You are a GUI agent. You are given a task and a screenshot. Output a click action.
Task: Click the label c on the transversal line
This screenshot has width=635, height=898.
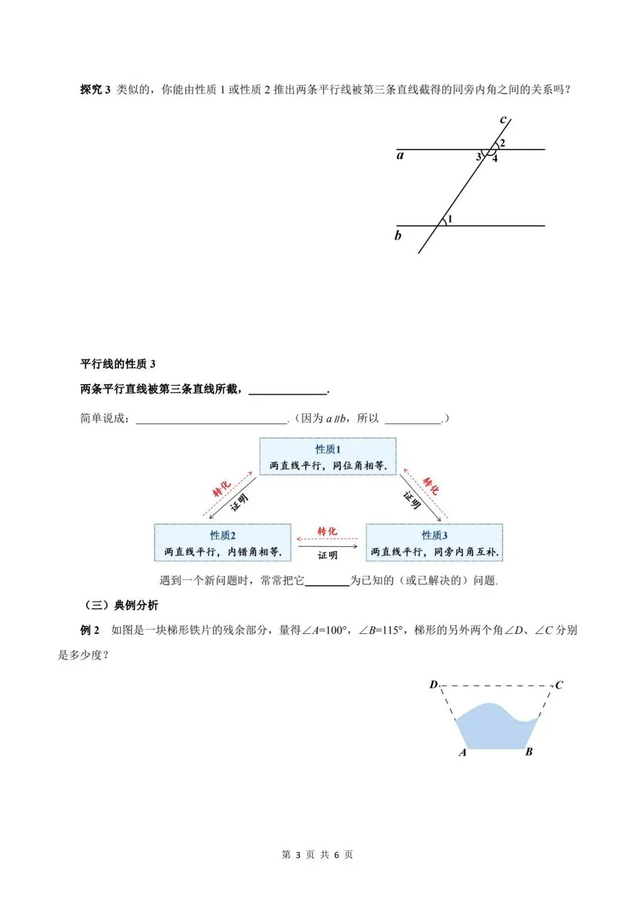click(503, 120)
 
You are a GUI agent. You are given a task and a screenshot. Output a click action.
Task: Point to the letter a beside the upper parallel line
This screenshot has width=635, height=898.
click(400, 156)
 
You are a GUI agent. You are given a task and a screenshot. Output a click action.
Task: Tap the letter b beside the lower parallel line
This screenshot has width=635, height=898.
click(398, 236)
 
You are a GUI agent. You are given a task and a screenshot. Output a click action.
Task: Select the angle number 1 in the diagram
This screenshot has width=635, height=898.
click(450, 219)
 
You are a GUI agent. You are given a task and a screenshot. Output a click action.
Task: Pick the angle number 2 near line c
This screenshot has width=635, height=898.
click(503, 143)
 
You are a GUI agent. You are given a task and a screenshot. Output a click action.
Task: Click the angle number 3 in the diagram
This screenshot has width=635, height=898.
click(479, 157)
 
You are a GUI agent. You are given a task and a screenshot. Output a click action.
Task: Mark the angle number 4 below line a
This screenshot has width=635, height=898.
click(495, 158)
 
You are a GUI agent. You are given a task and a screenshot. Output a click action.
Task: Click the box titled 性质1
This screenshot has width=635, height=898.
click(328, 456)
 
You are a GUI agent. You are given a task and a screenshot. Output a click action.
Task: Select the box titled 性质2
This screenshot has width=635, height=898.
click(223, 543)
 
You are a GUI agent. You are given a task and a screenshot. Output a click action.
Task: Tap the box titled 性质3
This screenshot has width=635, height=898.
click(435, 543)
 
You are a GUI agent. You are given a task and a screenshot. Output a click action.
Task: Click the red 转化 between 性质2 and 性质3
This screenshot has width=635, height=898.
click(327, 532)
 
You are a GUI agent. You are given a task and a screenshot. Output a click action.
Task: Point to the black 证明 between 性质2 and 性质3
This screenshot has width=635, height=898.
click(327, 555)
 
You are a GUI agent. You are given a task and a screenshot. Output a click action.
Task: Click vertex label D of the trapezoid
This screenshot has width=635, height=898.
click(434, 685)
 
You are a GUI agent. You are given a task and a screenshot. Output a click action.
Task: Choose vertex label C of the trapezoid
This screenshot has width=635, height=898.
click(559, 685)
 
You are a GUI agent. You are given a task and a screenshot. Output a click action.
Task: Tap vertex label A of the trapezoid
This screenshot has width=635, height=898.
click(463, 752)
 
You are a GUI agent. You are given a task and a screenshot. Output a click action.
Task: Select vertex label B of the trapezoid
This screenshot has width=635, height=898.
click(529, 752)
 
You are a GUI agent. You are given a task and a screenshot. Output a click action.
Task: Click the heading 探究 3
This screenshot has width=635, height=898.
click(95, 89)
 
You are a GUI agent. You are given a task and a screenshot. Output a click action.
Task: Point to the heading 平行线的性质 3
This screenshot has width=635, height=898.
click(118, 364)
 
